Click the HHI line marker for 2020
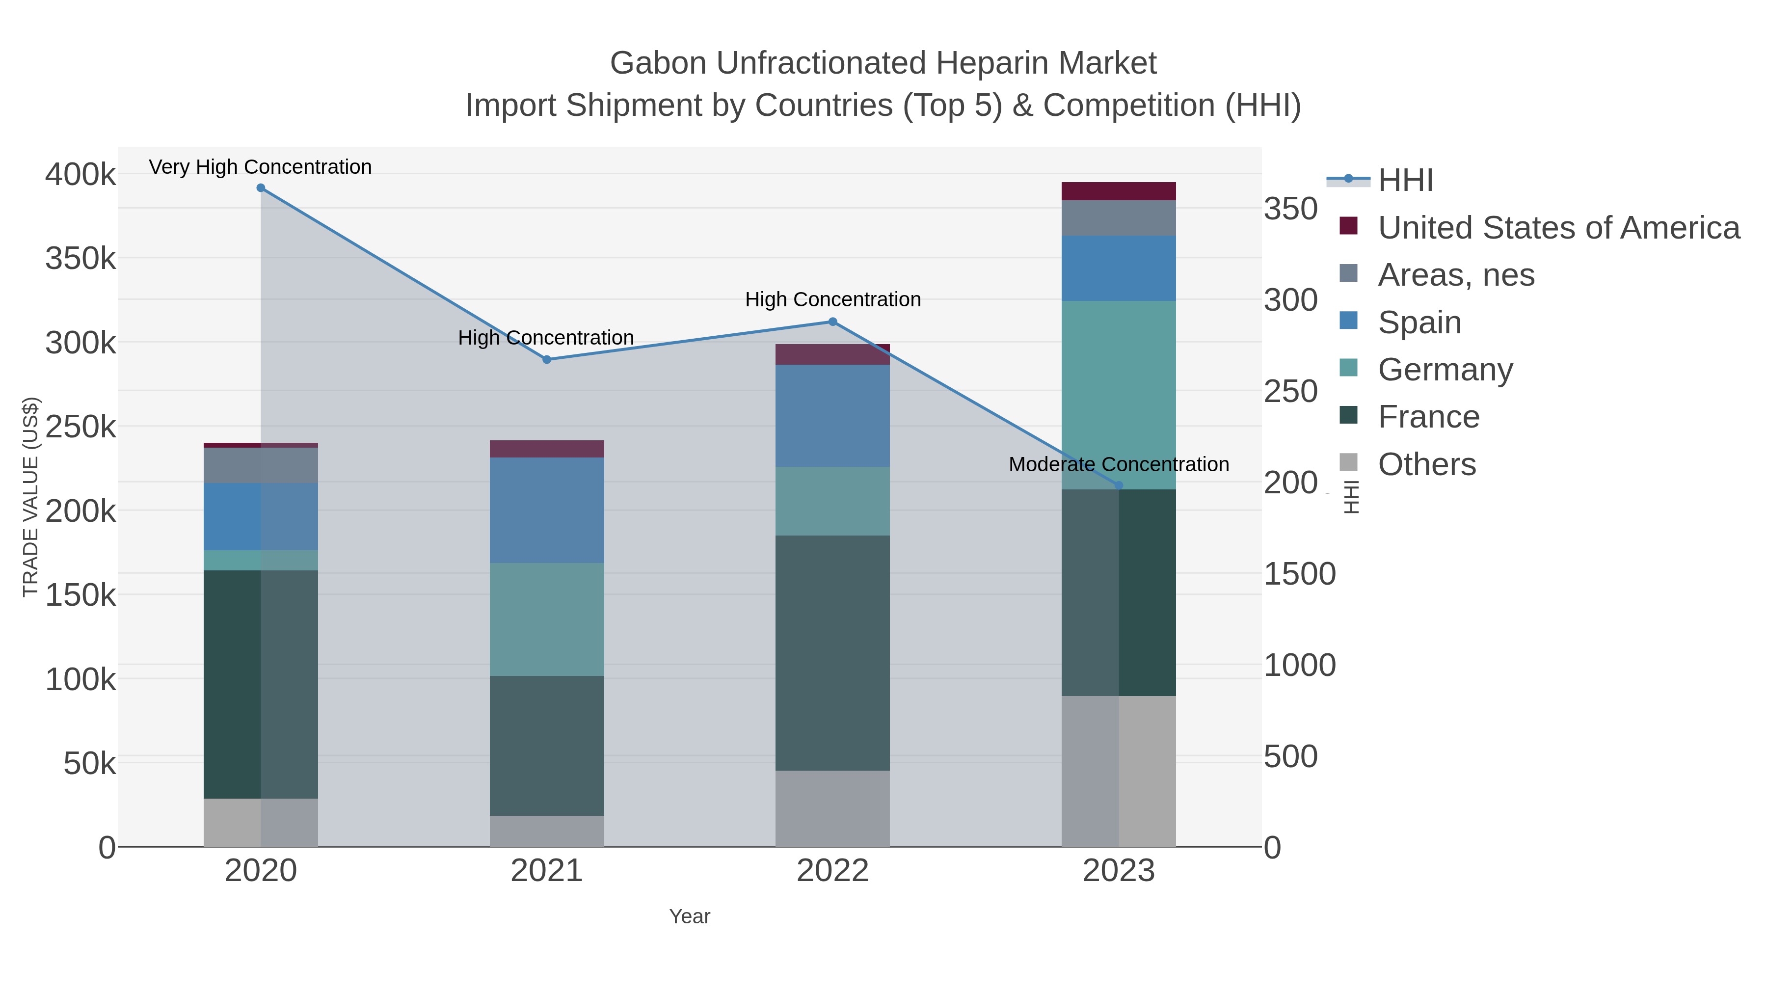[x=261, y=188]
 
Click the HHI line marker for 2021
[x=547, y=359]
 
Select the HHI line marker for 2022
[x=833, y=322]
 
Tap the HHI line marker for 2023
[x=1119, y=485]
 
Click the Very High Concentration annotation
[x=260, y=167]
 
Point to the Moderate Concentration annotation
[x=1118, y=464]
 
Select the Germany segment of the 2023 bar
[x=1119, y=395]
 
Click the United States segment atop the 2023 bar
[x=1119, y=191]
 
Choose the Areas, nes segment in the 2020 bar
[x=261, y=465]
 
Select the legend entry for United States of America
[x=1558, y=228]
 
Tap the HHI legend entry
[x=1405, y=181]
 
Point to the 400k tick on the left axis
[x=80, y=175]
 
